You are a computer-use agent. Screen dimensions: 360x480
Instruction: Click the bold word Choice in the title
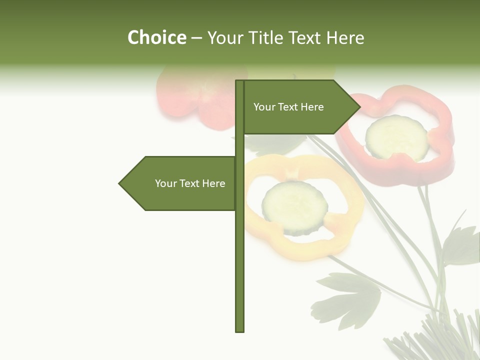[156, 37]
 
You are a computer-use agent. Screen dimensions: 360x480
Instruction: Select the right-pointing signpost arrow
[300, 107]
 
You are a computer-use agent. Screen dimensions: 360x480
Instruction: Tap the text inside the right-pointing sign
[288, 107]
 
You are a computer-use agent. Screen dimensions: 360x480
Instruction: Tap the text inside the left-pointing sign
[190, 183]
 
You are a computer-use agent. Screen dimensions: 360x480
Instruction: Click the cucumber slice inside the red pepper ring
[396, 137]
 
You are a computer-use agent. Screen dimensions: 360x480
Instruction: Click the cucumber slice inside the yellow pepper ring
[294, 207]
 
